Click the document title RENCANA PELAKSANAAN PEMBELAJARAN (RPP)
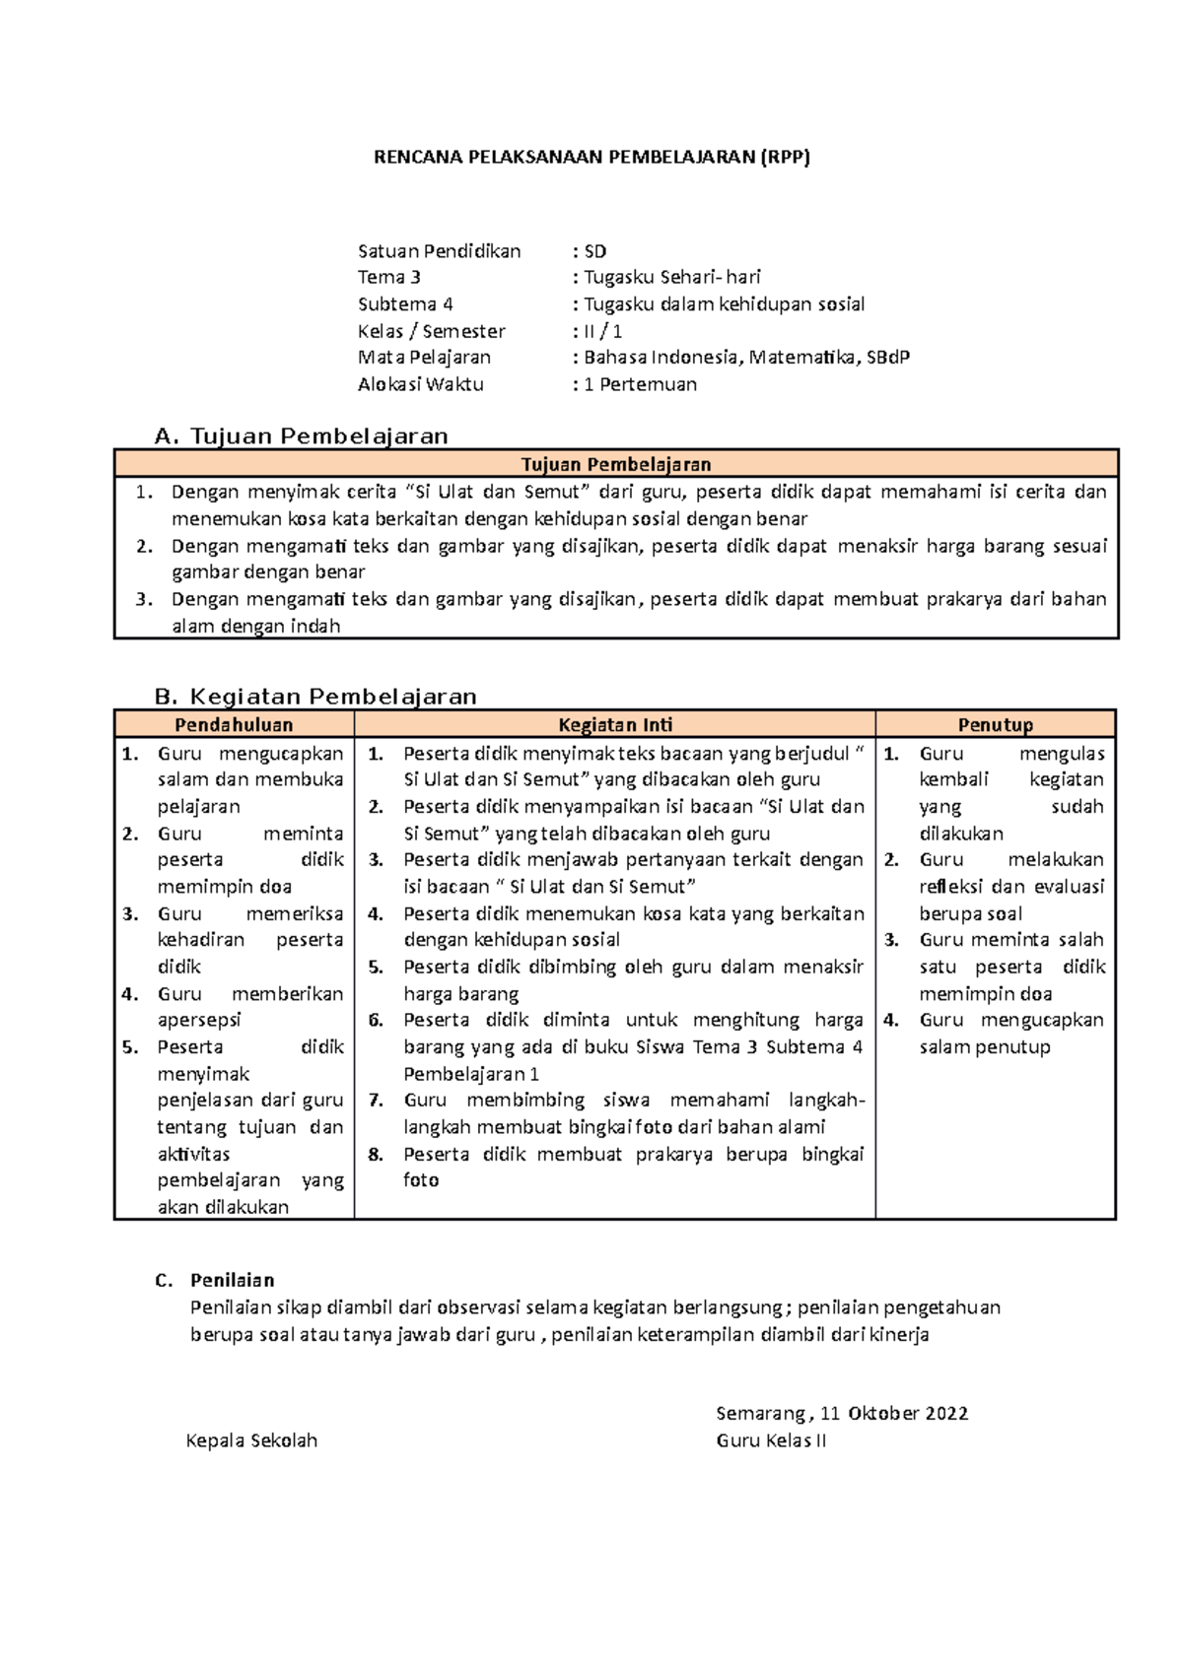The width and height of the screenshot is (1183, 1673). tap(591, 157)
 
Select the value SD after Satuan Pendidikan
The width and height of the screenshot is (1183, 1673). tap(595, 251)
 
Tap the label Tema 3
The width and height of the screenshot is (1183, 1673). tap(389, 277)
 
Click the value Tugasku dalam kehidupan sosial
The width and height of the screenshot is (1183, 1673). tap(724, 304)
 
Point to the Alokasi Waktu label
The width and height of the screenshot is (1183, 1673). tap(421, 384)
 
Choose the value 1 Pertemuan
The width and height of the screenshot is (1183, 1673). tap(640, 384)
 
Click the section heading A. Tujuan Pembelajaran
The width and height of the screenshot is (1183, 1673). tap(302, 435)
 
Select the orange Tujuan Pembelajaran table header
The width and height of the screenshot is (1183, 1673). tap(616, 464)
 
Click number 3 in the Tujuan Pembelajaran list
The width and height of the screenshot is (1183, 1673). tap(144, 599)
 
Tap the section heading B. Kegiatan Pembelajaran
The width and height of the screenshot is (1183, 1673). tap(315, 697)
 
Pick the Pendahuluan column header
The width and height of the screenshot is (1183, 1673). tap(234, 725)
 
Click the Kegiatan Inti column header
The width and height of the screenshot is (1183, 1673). tap(615, 725)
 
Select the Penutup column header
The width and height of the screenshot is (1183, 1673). tap(995, 725)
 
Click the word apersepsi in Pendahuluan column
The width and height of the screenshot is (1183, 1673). tap(199, 1021)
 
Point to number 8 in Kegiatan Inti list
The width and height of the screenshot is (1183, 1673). tap(376, 1155)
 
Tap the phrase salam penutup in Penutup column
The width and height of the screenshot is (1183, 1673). tap(985, 1047)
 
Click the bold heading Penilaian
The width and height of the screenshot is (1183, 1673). tap(233, 1281)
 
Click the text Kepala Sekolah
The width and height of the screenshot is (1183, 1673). tap(251, 1440)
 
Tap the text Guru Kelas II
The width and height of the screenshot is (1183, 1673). tap(771, 1440)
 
